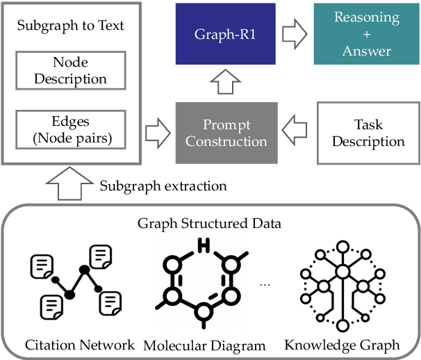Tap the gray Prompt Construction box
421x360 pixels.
tap(226, 133)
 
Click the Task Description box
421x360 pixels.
tap(368, 133)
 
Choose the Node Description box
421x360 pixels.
tap(70, 69)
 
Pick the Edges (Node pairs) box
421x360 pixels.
tap(70, 130)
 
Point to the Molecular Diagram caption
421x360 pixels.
tap(204, 345)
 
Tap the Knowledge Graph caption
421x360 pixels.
tap(342, 345)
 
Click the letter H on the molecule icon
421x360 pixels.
tap(204, 246)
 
